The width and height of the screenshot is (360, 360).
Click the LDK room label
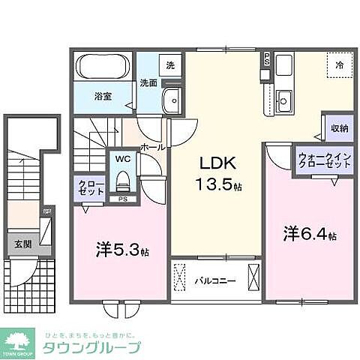[x=214, y=162]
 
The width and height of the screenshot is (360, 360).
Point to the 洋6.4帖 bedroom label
[x=308, y=233]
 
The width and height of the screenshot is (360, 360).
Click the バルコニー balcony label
[x=216, y=281]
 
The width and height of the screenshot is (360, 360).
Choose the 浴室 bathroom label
[x=103, y=97]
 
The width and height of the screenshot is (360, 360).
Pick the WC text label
[x=123, y=158]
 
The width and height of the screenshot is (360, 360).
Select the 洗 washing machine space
[x=170, y=65]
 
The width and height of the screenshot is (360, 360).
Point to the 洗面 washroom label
[x=148, y=83]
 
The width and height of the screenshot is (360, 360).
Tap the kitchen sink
[x=284, y=99]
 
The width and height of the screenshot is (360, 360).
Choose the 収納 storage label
[x=339, y=128]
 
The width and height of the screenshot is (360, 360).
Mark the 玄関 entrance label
[x=22, y=243]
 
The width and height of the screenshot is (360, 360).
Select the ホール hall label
[x=152, y=148]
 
